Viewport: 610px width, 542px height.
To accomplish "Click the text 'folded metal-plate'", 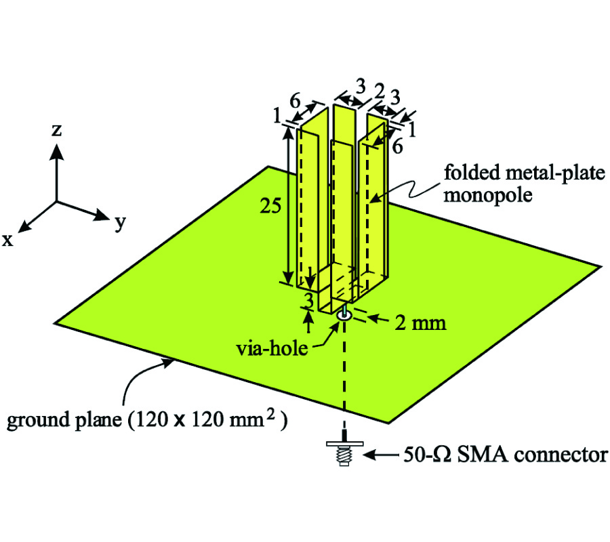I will click(523, 174).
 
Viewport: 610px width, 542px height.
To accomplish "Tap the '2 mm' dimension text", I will click(421, 323).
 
